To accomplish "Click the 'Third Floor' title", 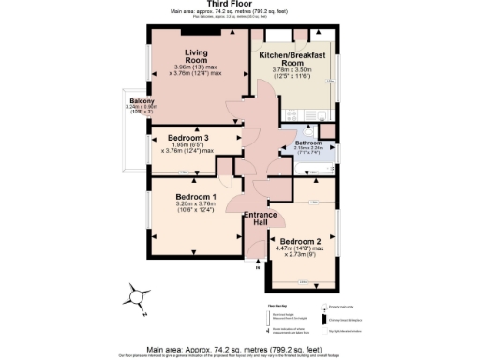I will tap(240, 4).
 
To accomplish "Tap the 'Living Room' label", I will tap(196, 56).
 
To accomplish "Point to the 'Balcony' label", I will tap(142, 100).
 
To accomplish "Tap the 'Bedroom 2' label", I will tap(300, 241).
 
